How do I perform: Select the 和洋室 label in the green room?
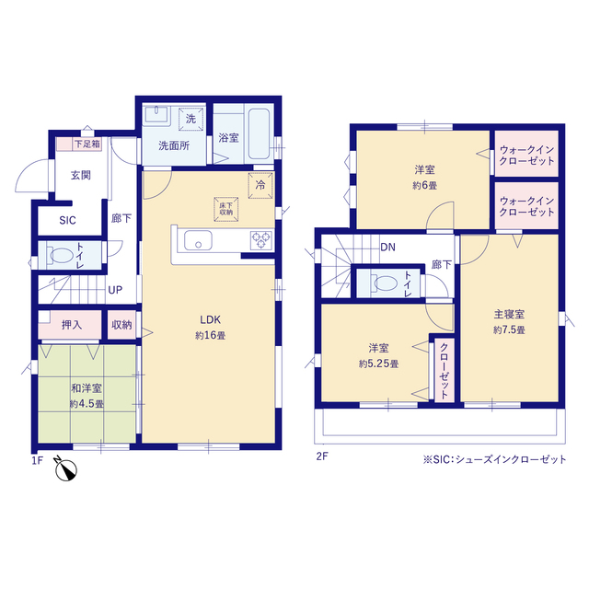[86, 389]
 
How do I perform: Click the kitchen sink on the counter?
[198, 242]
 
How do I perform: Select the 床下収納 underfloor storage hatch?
[226, 207]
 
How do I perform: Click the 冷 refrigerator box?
[260, 184]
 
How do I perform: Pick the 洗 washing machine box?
[191, 119]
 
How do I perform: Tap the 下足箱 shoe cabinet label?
[87, 144]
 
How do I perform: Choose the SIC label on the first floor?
[68, 221]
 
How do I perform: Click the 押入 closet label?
[72, 324]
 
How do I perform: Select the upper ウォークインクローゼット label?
[527, 156]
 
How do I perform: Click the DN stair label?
[388, 247]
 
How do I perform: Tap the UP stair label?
[115, 290]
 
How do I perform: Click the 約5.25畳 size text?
[378, 364]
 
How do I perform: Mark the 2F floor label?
[323, 456]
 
